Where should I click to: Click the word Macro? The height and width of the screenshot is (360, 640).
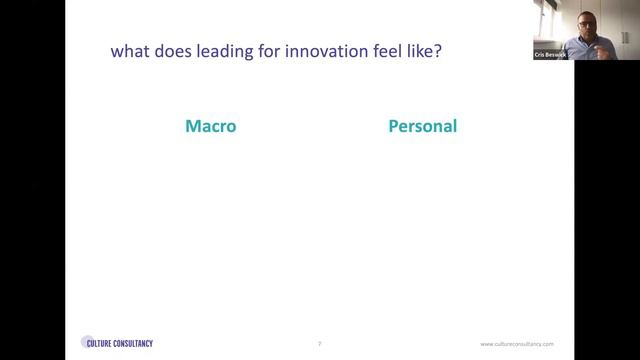211,127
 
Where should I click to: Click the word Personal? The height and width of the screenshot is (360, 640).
422,127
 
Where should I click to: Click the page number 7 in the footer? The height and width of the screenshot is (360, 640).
319,343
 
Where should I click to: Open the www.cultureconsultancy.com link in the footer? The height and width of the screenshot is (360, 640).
517,343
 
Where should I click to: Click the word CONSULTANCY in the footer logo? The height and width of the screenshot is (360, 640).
136,343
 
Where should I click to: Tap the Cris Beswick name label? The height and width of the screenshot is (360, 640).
549,55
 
